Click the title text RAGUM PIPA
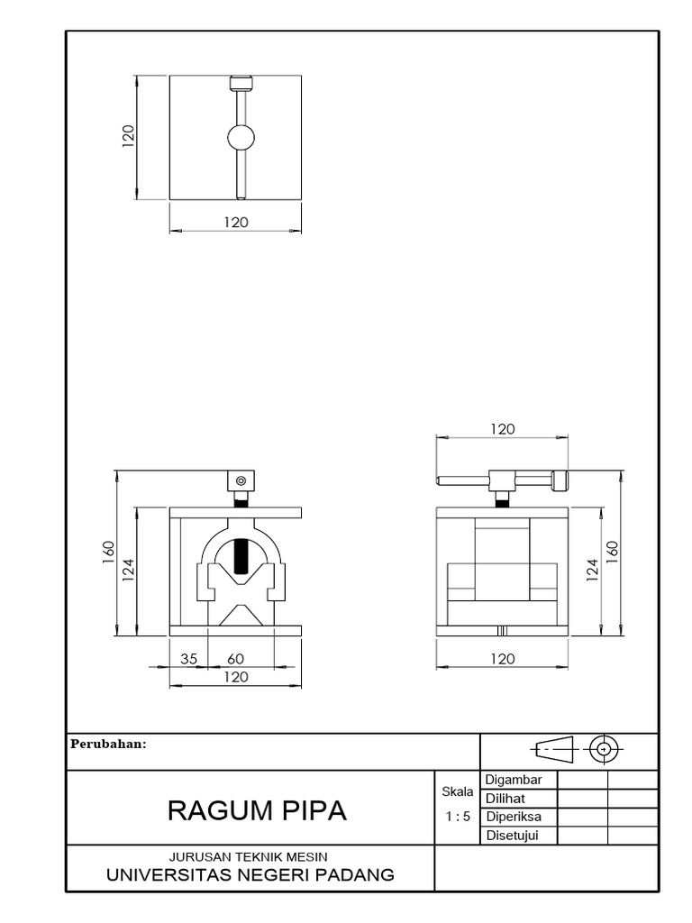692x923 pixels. (x=257, y=810)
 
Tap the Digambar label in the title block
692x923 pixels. (x=514, y=780)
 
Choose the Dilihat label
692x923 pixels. (x=505, y=799)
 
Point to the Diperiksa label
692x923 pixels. (x=514, y=817)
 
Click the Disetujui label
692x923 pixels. (x=512, y=836)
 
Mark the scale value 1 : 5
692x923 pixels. (x=458, y=817)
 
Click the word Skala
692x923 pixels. (x=458, y=792)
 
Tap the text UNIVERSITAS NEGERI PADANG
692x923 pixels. (x=250, y=874)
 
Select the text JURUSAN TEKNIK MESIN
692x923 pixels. (x=249, y=856)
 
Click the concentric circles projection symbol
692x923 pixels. (x=605, y=748)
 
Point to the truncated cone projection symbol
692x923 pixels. (x=553, y=748)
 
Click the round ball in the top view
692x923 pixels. (x=241, y=138)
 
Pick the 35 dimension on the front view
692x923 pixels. (x=188, y=659)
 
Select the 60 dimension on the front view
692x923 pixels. (x=235, y=659)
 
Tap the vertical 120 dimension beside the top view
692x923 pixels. (x=128, y=136)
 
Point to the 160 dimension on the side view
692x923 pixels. (x=613, y=551)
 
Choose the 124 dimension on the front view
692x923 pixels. (x=129, y=569)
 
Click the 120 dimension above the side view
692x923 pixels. (x=503, y=429)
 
